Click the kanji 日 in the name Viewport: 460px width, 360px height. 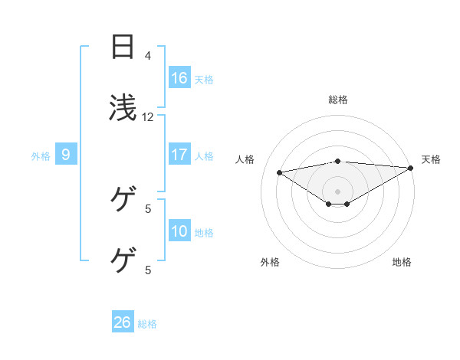pos(123,47)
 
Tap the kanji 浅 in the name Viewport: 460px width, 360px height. pos(123,108)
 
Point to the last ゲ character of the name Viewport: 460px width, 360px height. pos(123,260)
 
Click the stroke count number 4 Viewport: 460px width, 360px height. pos(148,56)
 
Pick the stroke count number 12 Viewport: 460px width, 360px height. pos(148,117)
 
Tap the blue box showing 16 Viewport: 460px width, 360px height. pos(179,77)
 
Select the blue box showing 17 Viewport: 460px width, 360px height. pos(179,155)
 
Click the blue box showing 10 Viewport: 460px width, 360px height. pos(179,231)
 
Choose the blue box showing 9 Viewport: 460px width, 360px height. pos(66,155)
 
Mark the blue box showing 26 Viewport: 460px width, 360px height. pos(123,322)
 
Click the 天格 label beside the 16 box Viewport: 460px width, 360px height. pos(204,79)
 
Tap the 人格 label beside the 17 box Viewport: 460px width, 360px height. pos(204,155)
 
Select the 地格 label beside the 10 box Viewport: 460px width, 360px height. pos(204,232)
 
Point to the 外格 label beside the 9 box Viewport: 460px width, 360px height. pos(41,155)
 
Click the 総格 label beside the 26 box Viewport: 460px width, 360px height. pos(147,323)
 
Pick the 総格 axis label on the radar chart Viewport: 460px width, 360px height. pos(338,100)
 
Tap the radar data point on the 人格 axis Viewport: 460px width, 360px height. pos(280,172)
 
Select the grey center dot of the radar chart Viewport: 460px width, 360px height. pos(338,191)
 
